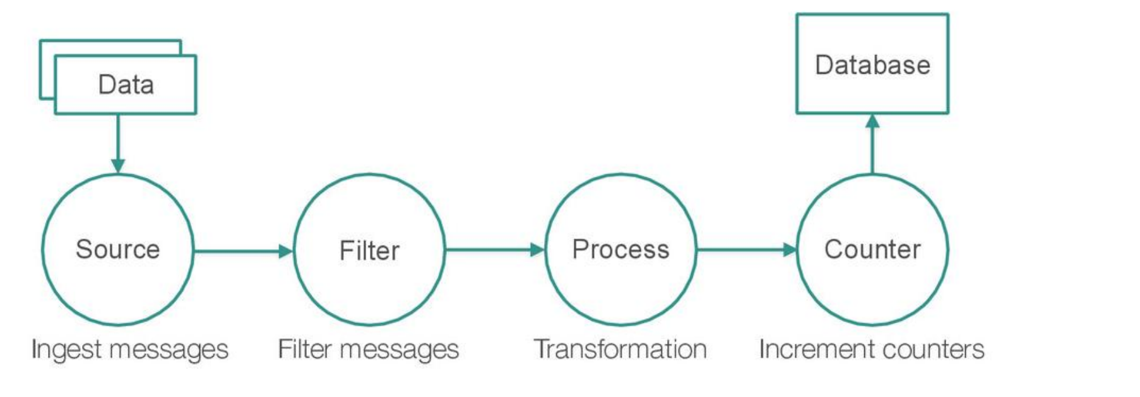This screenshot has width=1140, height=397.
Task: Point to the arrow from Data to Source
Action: point(118,144)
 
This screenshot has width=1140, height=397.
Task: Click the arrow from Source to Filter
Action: point(244,251)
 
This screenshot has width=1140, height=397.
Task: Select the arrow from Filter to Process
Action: point(495,250)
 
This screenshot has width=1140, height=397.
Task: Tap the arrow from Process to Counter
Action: point(747,250)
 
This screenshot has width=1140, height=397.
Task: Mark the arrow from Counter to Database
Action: point(872,144)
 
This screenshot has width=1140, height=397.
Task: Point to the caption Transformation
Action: point(620,349)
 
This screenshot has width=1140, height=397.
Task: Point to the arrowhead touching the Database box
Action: point(872,121)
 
